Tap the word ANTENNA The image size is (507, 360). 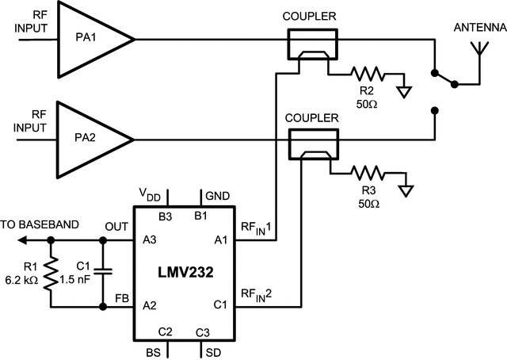[479, 27]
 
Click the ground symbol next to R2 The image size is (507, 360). [406, 89]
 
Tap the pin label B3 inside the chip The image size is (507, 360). [166, 215]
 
